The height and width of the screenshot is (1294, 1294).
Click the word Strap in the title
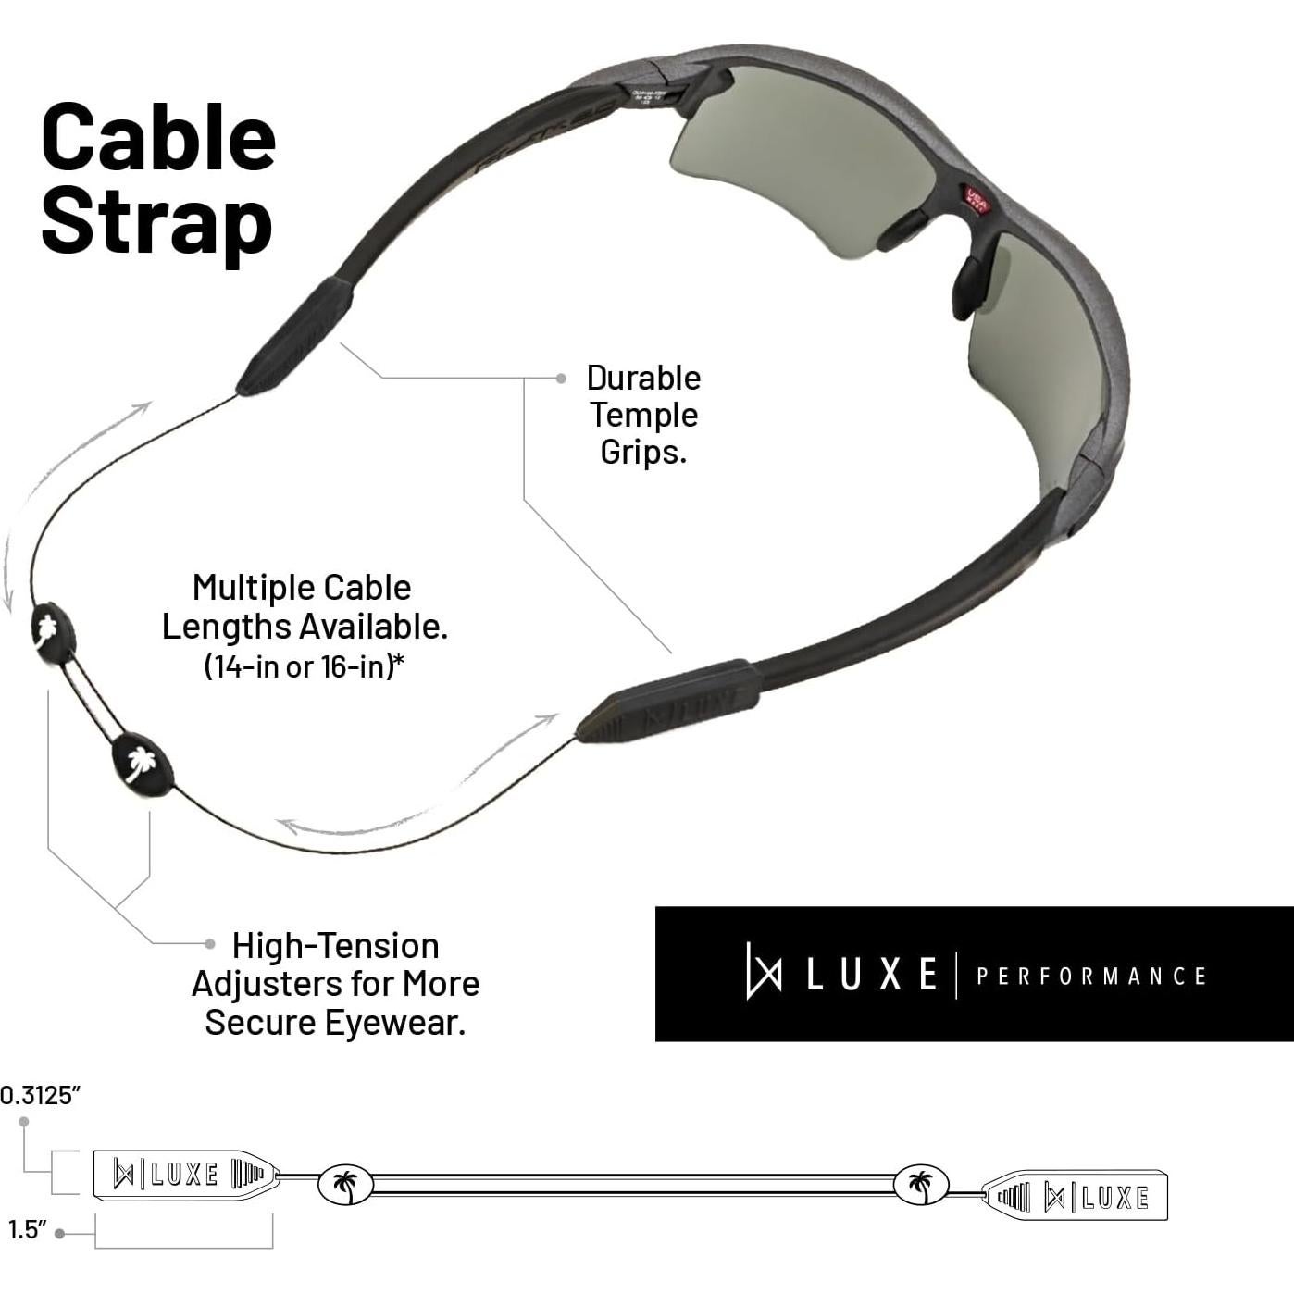[x=156, y=221]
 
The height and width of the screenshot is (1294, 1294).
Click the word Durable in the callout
[x=643, y=378]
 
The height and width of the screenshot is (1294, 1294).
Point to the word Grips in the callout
[x=642, y=452]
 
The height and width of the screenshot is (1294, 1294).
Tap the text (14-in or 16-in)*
[x=304, y=666]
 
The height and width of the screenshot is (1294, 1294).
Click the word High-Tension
[x=335, y=946]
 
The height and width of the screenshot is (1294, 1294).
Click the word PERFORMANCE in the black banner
[x=1091, y=977]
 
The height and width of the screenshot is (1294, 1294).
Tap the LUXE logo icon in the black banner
[x=764, y=971]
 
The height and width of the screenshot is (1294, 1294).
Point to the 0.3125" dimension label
[x=41, y=1096]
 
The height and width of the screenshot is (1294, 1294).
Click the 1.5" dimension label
[x=28, y=1230]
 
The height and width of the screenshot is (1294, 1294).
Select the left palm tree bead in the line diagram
[x=345, y=1185]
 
